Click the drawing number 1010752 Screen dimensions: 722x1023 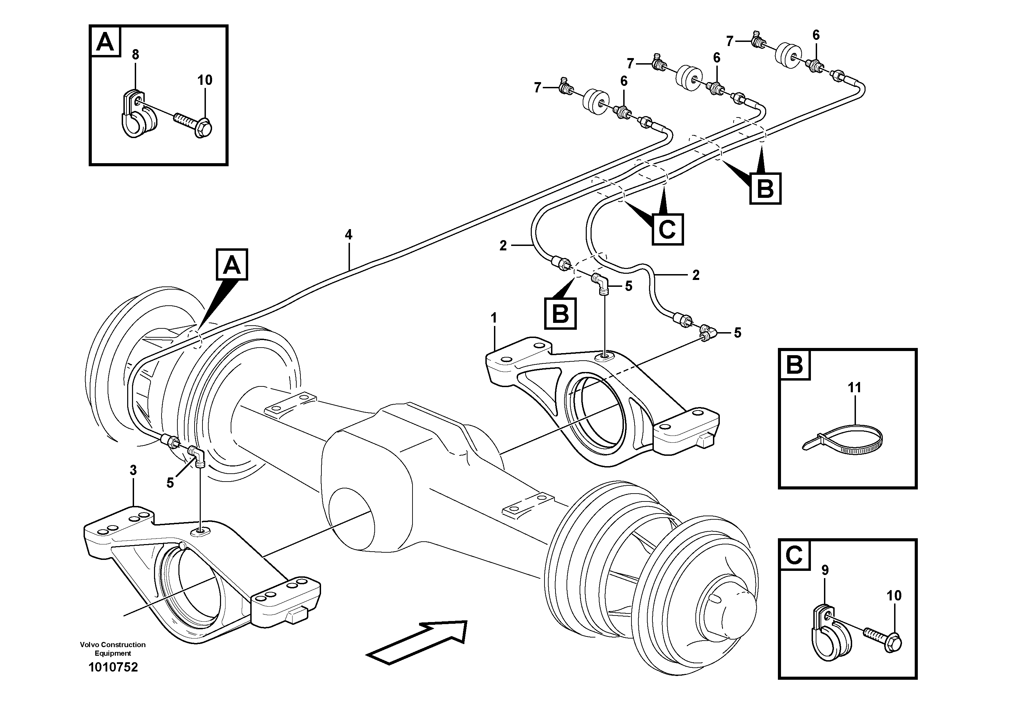click(113, 667)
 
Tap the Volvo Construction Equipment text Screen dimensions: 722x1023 click(113, 649)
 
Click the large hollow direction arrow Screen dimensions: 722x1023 click(417, 642)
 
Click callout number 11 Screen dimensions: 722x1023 click(854, 388)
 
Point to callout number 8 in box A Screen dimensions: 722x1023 click(135, 55)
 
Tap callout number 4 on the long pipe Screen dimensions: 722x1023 click(349, 235)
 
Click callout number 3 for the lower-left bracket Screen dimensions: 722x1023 click(133, 470)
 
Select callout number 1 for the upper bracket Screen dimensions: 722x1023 click(494, 318)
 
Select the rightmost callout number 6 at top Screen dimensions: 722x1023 click(816, 35)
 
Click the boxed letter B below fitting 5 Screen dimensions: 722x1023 click(560, 314)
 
